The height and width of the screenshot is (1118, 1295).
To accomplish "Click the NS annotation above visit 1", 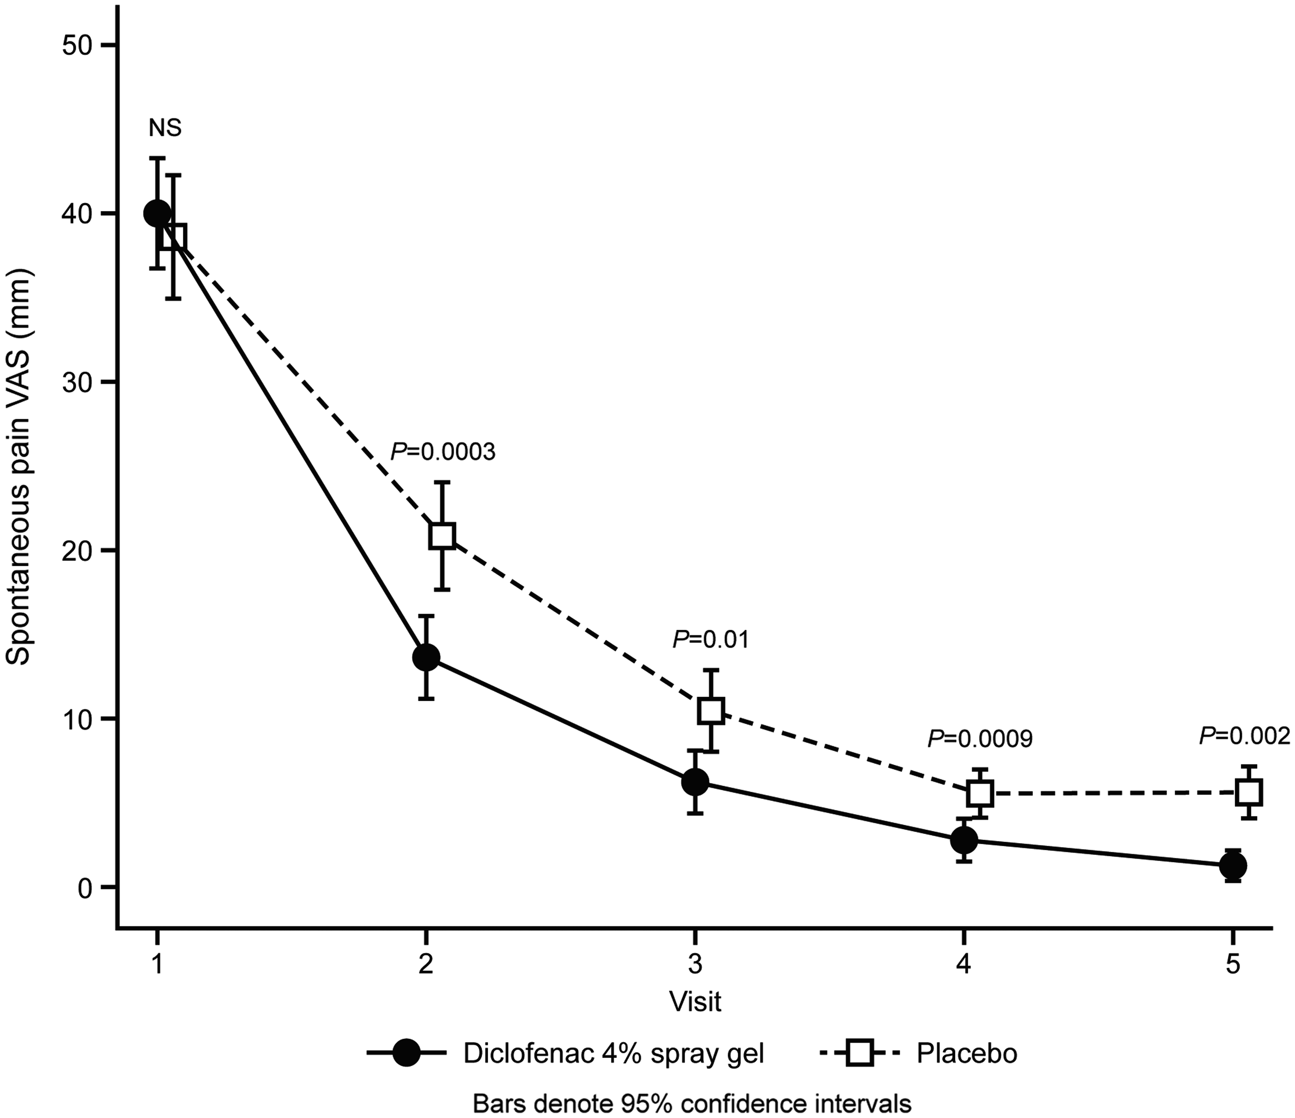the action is [165, 128].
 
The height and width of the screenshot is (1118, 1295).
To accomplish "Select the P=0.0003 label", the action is [443, 452].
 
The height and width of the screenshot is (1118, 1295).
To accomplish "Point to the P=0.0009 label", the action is [980, 739].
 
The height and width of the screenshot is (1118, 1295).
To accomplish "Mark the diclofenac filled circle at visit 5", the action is [1233, 866].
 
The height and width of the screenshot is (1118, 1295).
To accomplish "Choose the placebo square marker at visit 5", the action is [1250, 792].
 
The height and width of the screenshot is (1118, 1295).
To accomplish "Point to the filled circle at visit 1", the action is [157, 213].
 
